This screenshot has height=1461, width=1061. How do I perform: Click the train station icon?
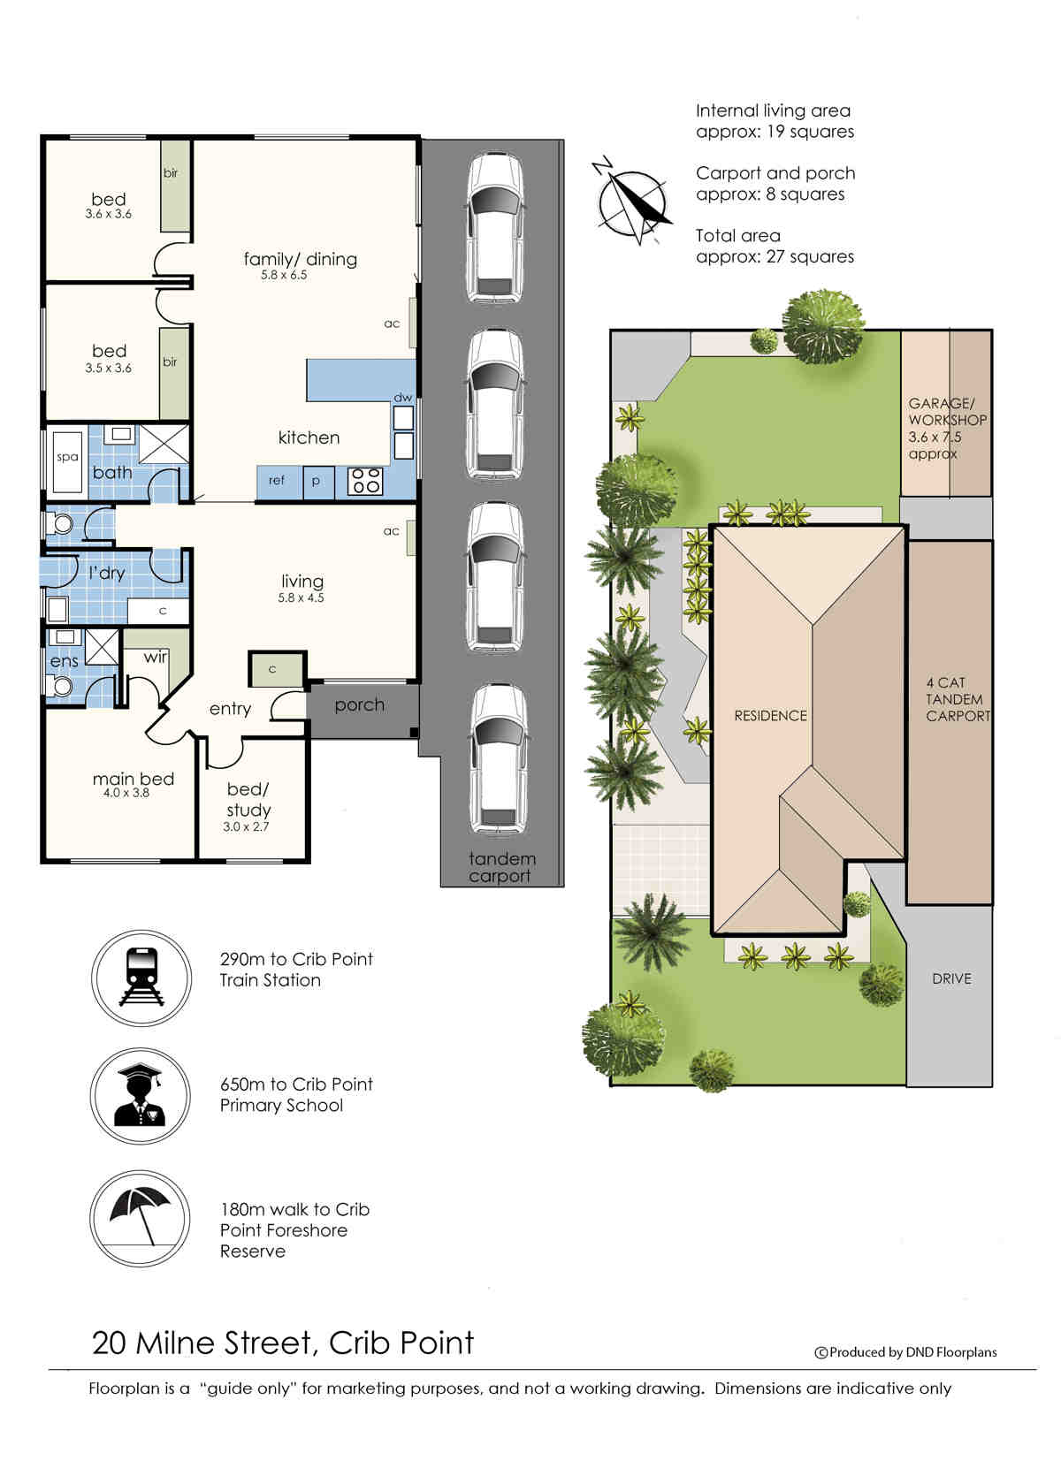pos(141,978)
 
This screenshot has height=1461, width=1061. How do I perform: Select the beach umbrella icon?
pos(140,1218)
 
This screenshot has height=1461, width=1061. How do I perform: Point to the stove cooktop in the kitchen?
pos(365,481)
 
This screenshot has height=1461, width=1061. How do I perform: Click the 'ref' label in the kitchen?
pos(276,480)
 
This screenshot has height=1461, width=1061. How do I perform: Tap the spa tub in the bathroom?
pos(66,461)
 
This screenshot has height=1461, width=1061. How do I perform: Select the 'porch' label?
pos(359,704)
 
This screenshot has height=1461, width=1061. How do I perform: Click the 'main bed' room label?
pos(134,778)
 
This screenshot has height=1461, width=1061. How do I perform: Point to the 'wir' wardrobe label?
pos(156,656)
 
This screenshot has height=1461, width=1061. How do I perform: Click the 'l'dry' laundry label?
pos(106,573)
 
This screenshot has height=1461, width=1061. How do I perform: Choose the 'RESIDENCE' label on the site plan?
pos(770,716)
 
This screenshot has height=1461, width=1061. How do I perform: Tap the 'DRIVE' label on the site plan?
pos(951,978)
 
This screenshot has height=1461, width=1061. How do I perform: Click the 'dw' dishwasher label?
pos(402,397)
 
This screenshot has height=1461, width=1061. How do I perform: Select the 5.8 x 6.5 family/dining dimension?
pos(284,275)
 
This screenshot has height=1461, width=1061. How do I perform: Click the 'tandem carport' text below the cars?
pos(501,867)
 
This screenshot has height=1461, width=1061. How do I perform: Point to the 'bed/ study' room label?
pos(248,800)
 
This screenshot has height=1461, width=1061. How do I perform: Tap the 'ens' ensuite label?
pos(64,661)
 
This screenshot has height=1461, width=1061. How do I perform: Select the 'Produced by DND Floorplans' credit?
pos(905,1351)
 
